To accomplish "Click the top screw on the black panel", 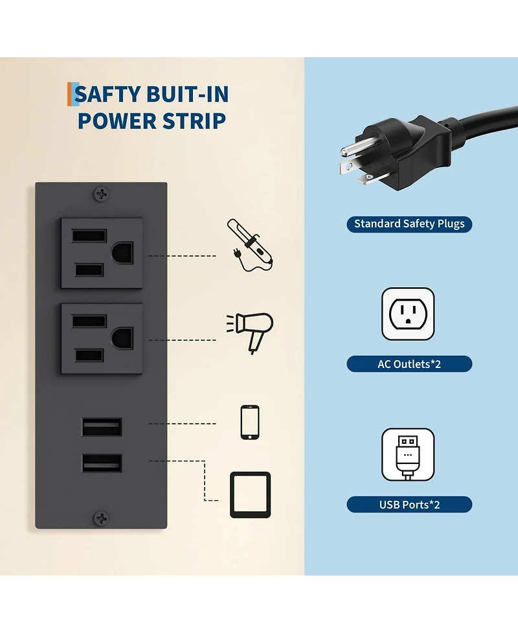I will coord(101,193).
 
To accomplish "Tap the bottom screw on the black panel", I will coord(101,518).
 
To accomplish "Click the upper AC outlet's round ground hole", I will coord(122,253).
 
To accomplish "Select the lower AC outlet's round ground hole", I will coord(122,339).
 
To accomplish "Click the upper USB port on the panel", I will coord(102,428).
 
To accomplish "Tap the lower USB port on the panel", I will coord(102,463).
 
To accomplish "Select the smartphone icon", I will coord(250,422).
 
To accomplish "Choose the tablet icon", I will coord(250,494).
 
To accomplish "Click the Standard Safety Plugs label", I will coord(409,224).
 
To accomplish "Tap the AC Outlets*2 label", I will coord(409,363).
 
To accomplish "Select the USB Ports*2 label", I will coord(409,504).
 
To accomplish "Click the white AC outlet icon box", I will coord(408,314).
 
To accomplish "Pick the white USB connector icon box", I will coord(408,455).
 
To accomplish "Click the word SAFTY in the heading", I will coord(107,95).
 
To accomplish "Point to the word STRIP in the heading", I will coord(194,121).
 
